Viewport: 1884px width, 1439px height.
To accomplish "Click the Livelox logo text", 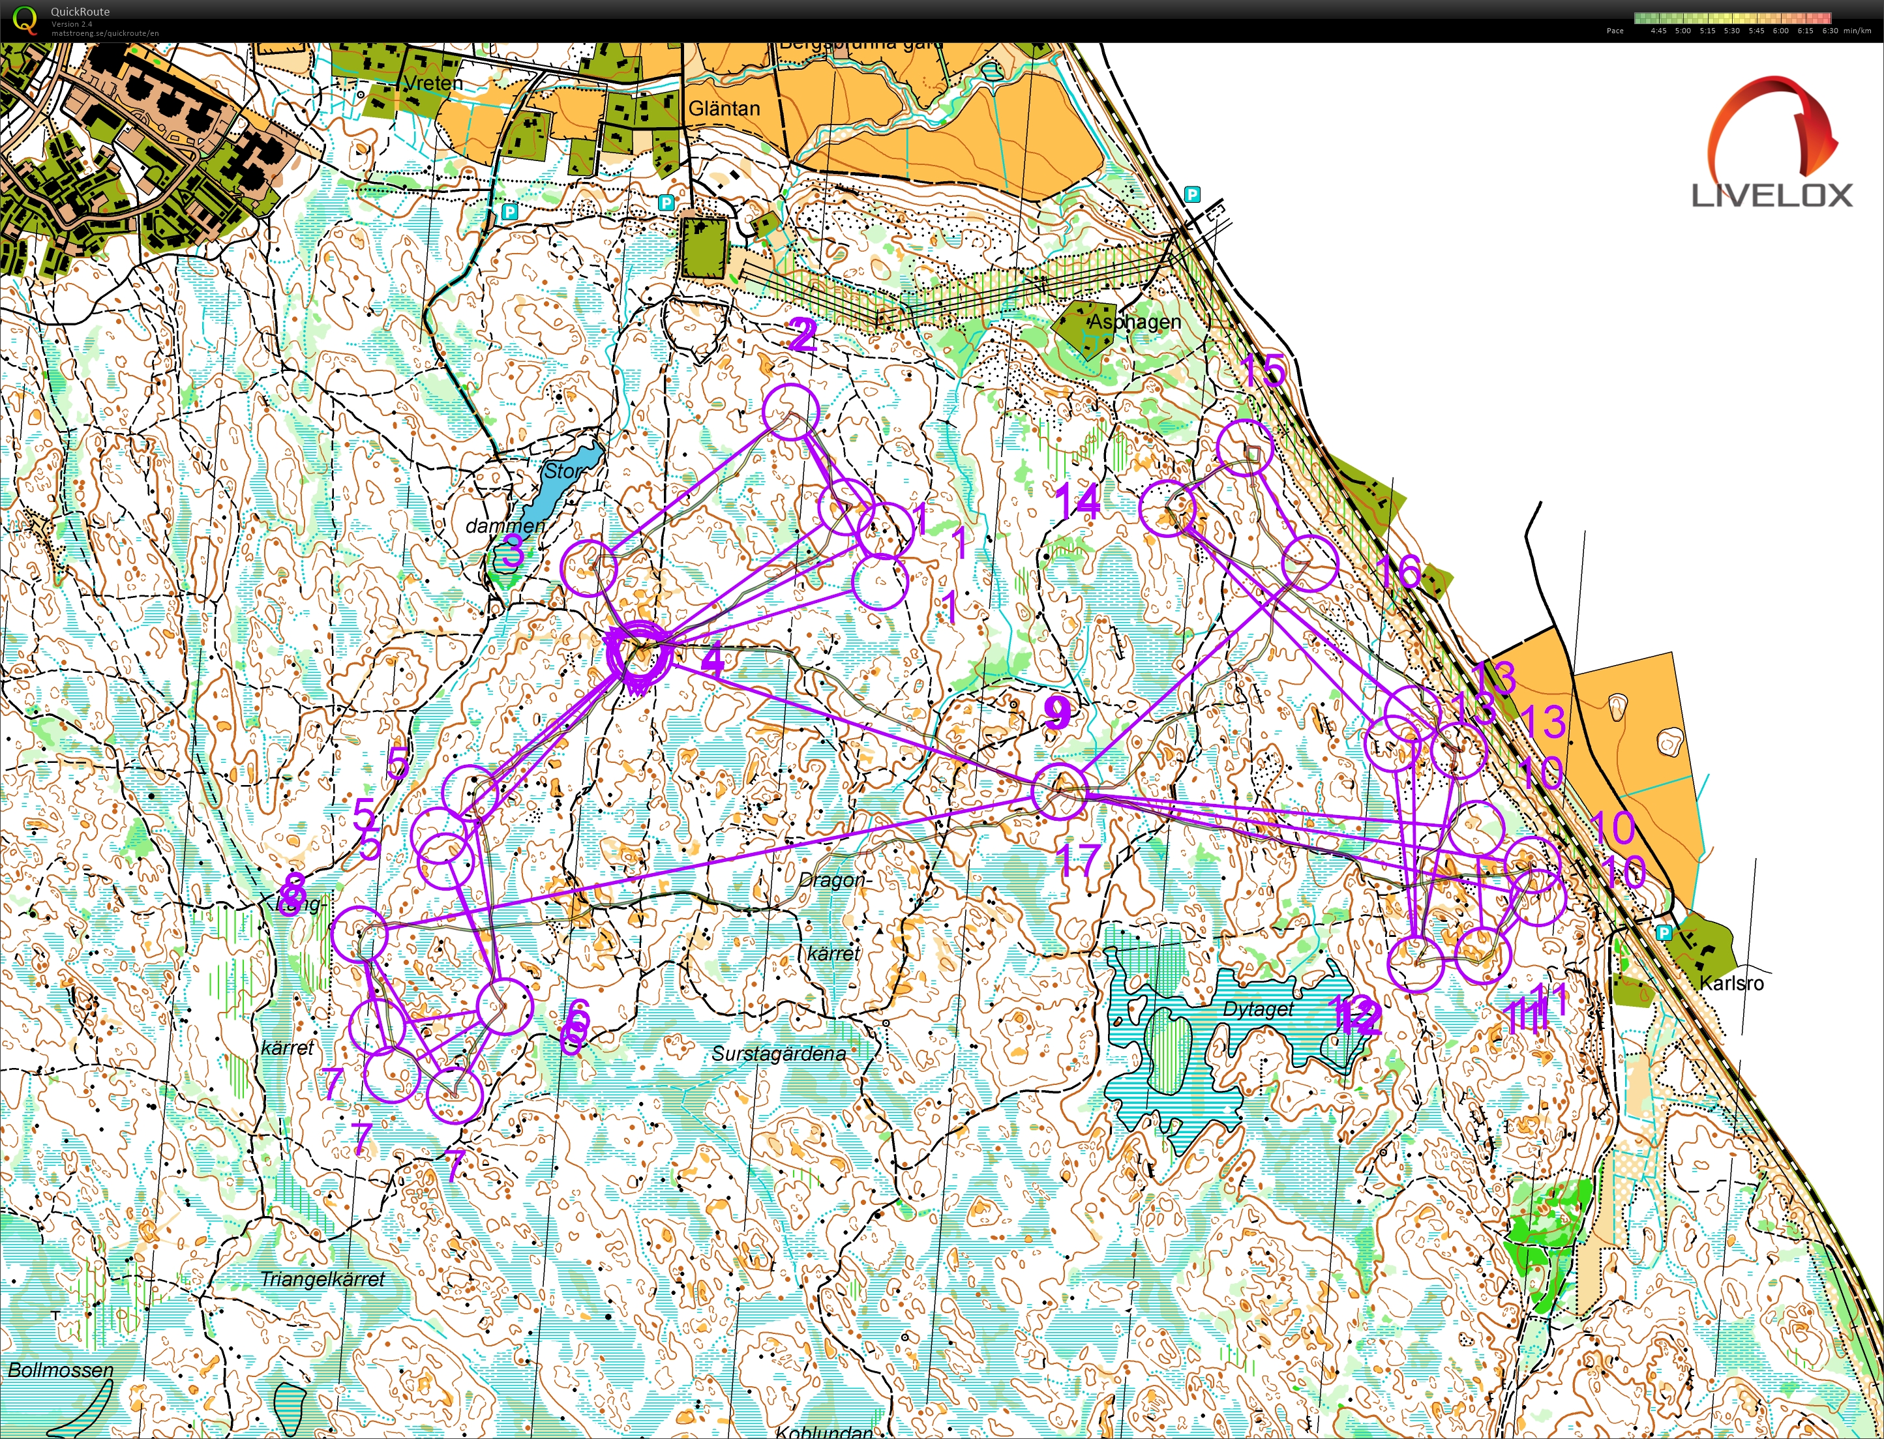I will (1772, 196).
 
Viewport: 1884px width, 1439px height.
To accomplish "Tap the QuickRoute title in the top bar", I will (79, 12).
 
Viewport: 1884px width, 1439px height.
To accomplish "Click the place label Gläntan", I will (724, 109).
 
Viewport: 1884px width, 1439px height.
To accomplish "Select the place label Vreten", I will (432, 83).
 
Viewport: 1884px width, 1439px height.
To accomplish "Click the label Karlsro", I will (1731, 983).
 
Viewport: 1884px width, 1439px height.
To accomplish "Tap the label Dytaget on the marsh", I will (1258, 1009).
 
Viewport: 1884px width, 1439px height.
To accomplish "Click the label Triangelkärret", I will (322, 1279).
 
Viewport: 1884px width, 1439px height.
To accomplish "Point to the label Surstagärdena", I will (778, 1054).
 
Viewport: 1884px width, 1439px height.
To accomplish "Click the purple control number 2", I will (802, 335).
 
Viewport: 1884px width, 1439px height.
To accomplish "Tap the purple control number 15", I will (1263, 371).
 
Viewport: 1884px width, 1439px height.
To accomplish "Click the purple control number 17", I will (1078, 859).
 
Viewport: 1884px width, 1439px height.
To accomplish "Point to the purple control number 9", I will (1058, 712).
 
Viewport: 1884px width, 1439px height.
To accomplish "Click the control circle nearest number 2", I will (791, 412).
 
